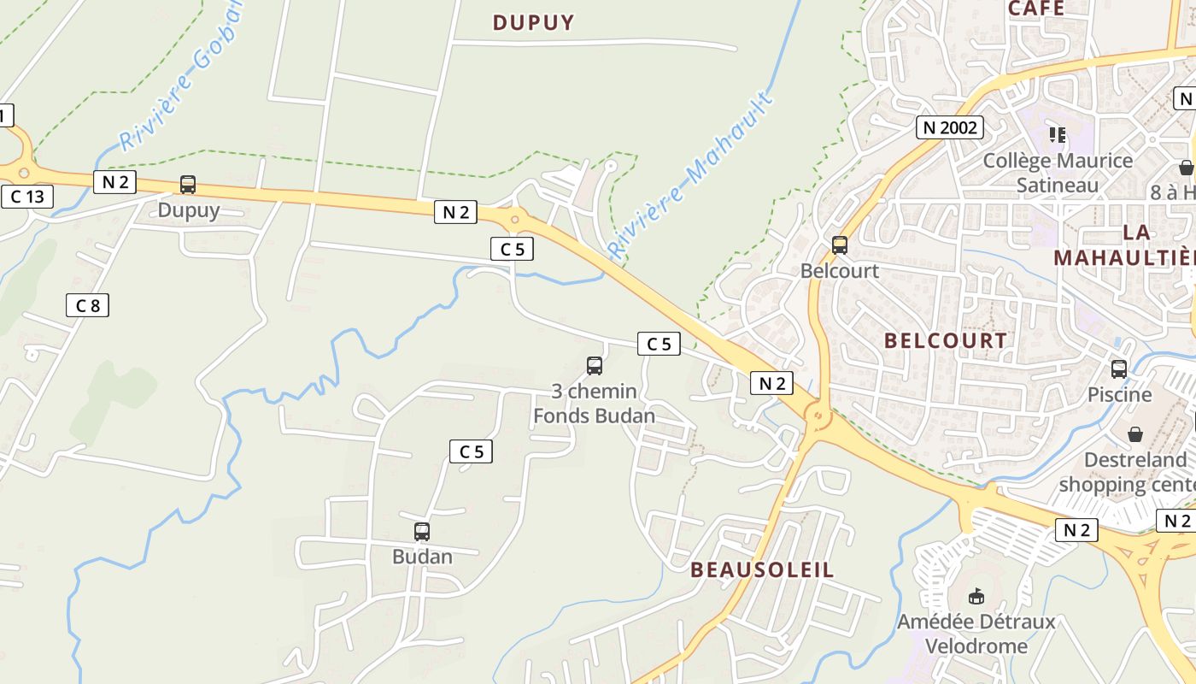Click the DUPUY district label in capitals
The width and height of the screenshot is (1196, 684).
tap(534, 23)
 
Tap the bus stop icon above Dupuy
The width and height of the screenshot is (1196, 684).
tap(188, 184)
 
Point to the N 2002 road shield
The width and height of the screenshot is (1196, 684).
tap(950, 128)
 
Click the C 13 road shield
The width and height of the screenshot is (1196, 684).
tap(26, 198)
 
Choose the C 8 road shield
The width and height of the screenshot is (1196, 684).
tap(87, 305)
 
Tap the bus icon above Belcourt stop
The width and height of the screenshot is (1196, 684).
tap(840, 245)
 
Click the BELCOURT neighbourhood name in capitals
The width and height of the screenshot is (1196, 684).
tap(946, 340)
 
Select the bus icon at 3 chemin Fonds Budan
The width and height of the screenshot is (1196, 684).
tap(595, 366)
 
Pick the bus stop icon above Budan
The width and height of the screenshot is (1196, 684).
tap(422, 531)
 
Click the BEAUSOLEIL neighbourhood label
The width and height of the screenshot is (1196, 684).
tap(762, 570)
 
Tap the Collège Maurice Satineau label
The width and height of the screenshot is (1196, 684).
tap(1058, 173)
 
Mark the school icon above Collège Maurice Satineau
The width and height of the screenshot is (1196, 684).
tap(1058, 135)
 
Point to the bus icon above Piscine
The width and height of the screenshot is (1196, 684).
tap(1119, 369)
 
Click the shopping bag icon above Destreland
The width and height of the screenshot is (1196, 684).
tap(1135, 434)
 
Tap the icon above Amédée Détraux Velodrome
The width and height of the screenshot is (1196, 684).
tap(976, 596)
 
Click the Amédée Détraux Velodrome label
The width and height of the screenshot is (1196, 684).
tap(976, 634)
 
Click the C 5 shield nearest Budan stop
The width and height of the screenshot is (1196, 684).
tap(472, 451)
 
